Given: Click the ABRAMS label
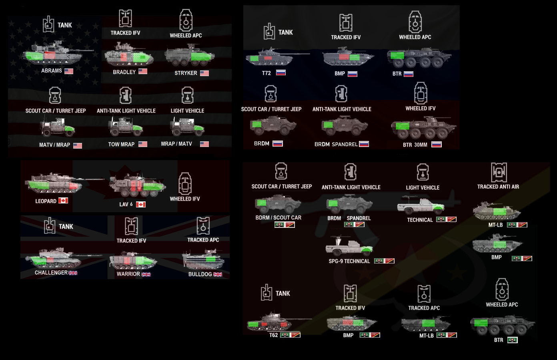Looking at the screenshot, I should pyautogui.click(x=52, y=71).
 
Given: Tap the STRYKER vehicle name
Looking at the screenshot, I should pyautogui.click(x=186, y=73).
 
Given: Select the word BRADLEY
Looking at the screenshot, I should pyautogui.click(x=124, y=72).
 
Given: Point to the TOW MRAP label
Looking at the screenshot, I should pyautogui.click(x=121, y=145).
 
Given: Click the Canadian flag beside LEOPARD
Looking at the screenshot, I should pyautogui.click(x=63, y=201).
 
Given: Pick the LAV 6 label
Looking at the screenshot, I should pyautogui.click(x=126, y=205).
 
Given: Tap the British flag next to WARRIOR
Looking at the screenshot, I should pyautogui.click(x=146, y=274).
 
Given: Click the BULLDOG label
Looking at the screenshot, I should pyautogui.click(x=200, y=274).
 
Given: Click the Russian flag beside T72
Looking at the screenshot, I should pyautogui.click(x=281, y=73).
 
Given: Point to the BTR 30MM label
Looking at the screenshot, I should pyautogui.click(x=415, y=145).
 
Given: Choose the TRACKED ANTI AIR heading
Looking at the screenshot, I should pyautogui.click(x=498, y=187).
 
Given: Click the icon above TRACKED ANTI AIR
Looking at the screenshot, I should pyautogui.click(x=499, y=172).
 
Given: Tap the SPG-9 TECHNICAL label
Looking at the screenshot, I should pyautogui.click(x=349, y=261).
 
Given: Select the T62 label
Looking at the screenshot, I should pyautogui.click(x=273, y=335).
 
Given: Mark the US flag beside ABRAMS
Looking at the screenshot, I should pyautogui.click(x=69, y=71).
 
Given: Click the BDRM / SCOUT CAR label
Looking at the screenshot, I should pyautogui.click(x=278, y=218).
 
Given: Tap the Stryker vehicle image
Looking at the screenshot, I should pyautogui.click(x=189, y=56).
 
